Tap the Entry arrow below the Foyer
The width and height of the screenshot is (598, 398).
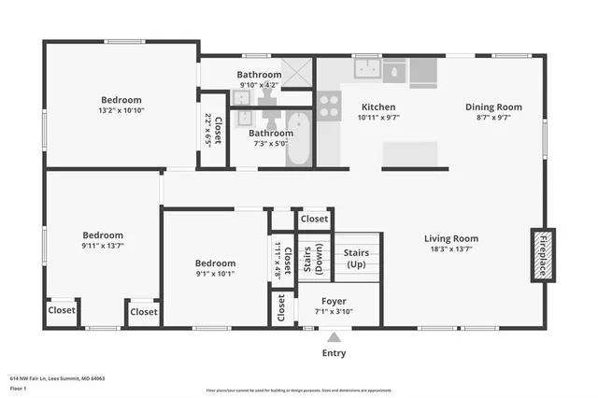tap(333, 338)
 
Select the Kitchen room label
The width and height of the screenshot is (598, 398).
tap(378, 107)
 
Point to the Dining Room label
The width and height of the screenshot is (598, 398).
tap(493, 107)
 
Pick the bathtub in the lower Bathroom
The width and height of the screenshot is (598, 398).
tap(299, 138)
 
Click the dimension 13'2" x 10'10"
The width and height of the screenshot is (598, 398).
tap(121, 110)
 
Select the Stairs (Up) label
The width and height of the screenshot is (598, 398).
tap(356, 259)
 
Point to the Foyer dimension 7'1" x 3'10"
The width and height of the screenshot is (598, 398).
tap(334, 312)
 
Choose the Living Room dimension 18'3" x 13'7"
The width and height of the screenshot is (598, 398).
tap(451, 249)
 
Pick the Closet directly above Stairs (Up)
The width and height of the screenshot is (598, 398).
tap(314, 219)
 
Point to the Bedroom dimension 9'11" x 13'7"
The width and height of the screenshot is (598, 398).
tap(103, 247)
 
